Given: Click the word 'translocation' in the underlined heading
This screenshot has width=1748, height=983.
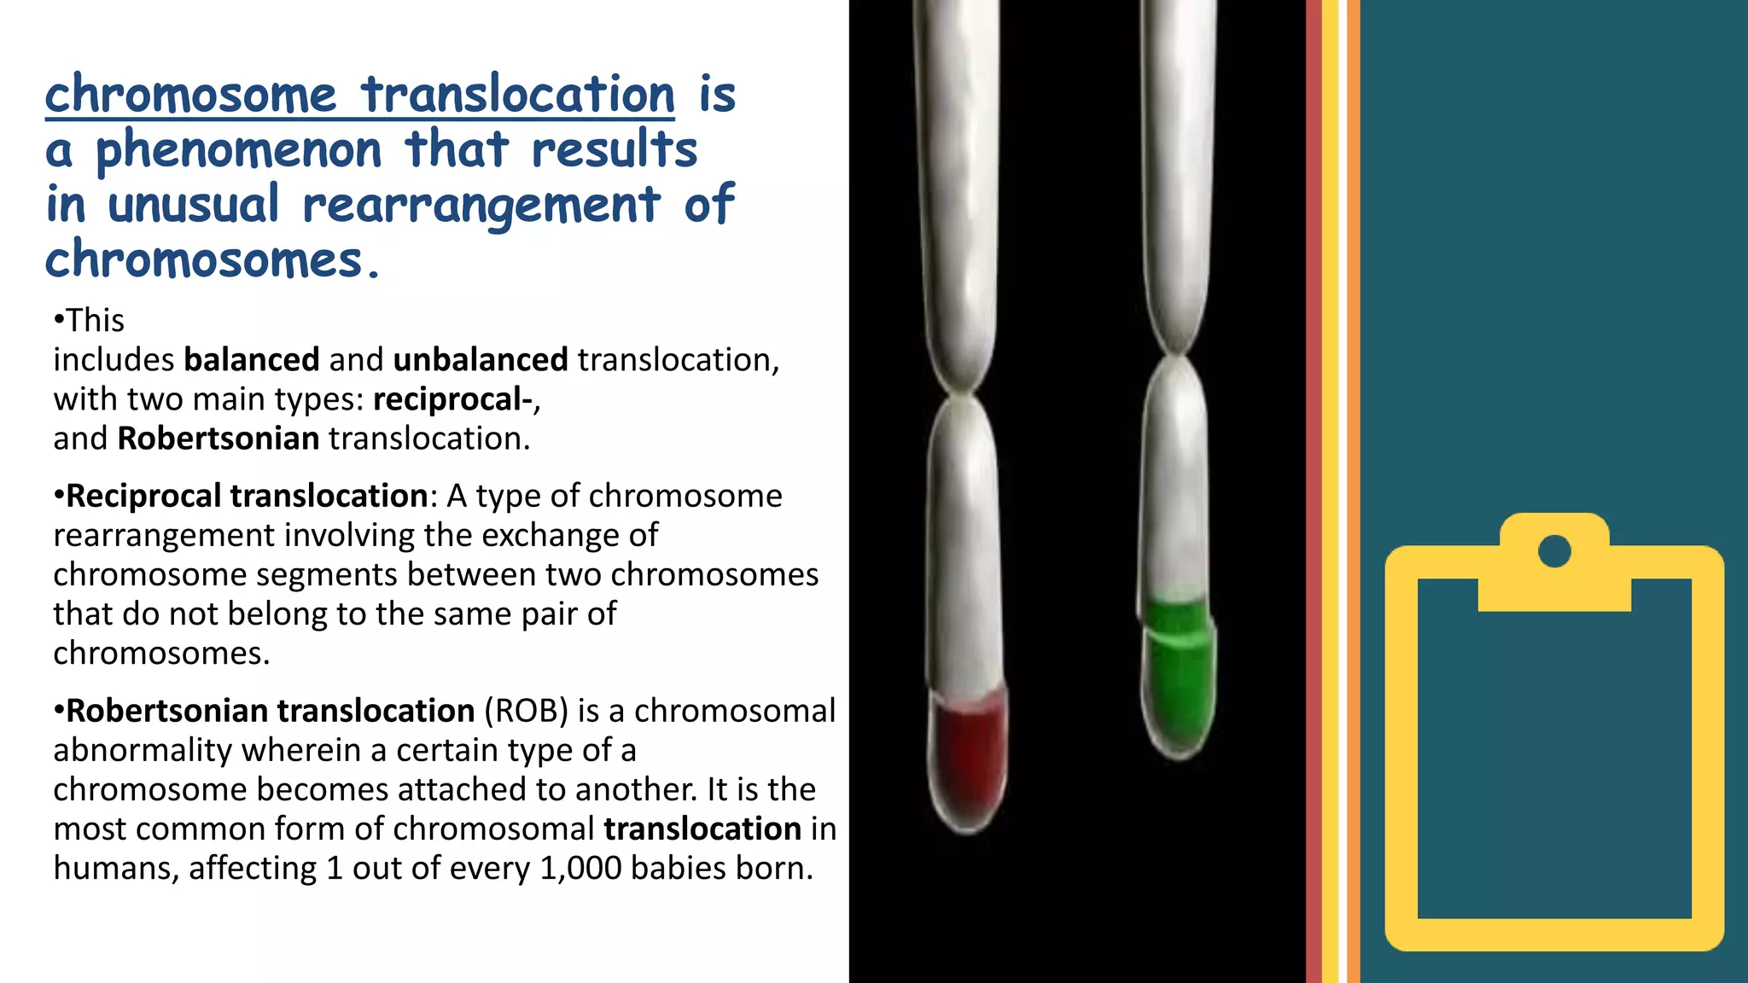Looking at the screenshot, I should tap(517, 94).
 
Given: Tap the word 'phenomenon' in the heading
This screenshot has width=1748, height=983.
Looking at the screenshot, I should tap(238, 151).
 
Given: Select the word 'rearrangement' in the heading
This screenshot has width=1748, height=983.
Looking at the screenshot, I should tap(481, 206).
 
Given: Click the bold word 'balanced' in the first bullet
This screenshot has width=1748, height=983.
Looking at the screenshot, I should tap(252, 360).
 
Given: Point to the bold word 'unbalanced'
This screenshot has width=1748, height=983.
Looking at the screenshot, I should tap(481, 360).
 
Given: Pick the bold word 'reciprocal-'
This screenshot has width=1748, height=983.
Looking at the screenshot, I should tap(453, 399).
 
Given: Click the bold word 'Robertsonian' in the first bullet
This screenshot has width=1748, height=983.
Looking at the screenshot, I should tap(218, 439).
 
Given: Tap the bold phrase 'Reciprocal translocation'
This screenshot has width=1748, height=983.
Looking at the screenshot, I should tap(247, 496).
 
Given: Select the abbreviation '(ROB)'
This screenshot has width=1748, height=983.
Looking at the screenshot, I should tap(527, 711).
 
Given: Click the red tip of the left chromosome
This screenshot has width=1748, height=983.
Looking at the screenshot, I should tap(967, 759).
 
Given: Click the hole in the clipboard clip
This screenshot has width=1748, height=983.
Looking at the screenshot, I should tap(1554, 551).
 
